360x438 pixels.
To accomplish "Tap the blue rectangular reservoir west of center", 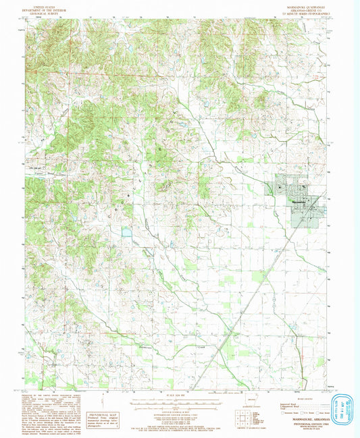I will point(126,234).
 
